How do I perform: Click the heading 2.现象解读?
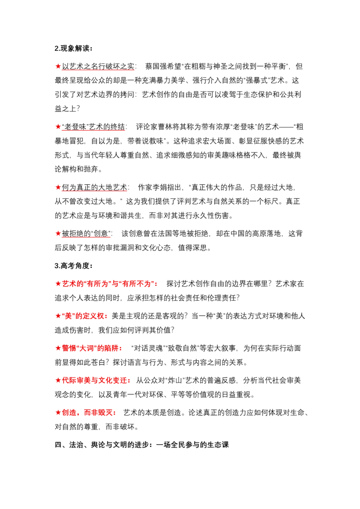[73, 49]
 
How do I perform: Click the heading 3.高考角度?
[73, 266]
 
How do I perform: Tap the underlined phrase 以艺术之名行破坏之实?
[98, 66]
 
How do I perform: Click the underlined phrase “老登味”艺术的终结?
[93, 127]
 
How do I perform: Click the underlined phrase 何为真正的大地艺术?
[94, 188]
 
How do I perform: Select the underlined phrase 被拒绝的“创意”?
[86, 233]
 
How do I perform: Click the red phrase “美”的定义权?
[83, 316]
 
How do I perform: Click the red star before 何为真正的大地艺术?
[58, 188]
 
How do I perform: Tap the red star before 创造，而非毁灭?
[58, 412]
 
